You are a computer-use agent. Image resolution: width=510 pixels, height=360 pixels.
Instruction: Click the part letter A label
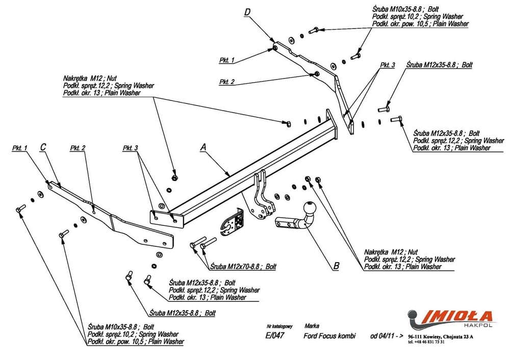pyautogui.click(x=203, y=147)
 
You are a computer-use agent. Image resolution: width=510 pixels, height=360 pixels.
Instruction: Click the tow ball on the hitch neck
pyautogui.click(x=310, y=208)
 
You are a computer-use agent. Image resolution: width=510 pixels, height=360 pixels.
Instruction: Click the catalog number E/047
pyautogui.click(x=275, y=336)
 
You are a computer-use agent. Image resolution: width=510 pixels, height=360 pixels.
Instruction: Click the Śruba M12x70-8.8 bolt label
pyautogui.click(x=242, y=266)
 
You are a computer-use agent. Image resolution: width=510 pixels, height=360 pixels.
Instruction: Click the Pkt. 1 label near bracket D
pyautogui.click(x=226, y=60)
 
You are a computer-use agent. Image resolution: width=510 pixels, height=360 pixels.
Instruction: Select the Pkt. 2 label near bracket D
pyautogui.click(x=227, y=82)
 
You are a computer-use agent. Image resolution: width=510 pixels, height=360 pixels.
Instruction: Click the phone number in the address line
pyautogui.click(x=426, y=342)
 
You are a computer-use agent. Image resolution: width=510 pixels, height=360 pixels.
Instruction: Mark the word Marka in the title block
pyautogui.click(x=312, y=325)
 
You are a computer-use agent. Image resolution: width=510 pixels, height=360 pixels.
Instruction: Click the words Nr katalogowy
pyautogui.click(x=279, y=325)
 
